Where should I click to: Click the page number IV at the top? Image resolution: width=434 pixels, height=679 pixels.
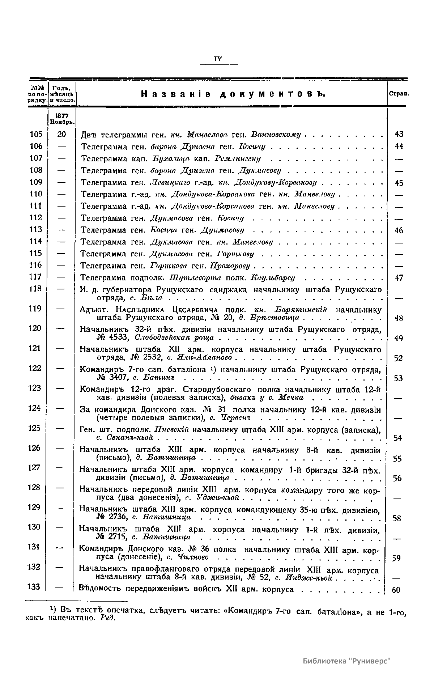tap(218, 59)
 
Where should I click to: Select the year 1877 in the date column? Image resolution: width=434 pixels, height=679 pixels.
tap(62, 116)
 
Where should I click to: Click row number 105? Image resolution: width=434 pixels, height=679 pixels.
tap(35, 134)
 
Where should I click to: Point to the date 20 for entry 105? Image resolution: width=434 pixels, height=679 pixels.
tap(62, 134)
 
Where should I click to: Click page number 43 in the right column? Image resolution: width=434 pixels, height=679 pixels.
tap(399, 134)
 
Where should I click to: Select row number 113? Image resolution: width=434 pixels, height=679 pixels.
tap(35, 229)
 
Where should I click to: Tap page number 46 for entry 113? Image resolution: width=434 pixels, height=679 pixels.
tap(399, 230)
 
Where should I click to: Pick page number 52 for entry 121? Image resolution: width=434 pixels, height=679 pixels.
tap(398, 358)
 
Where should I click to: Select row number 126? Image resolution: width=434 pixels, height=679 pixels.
tap(34, 448)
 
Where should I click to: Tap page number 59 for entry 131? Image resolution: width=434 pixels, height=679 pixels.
tap(396, 558)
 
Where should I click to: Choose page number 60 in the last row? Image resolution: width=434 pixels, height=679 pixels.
tap(396, 590)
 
